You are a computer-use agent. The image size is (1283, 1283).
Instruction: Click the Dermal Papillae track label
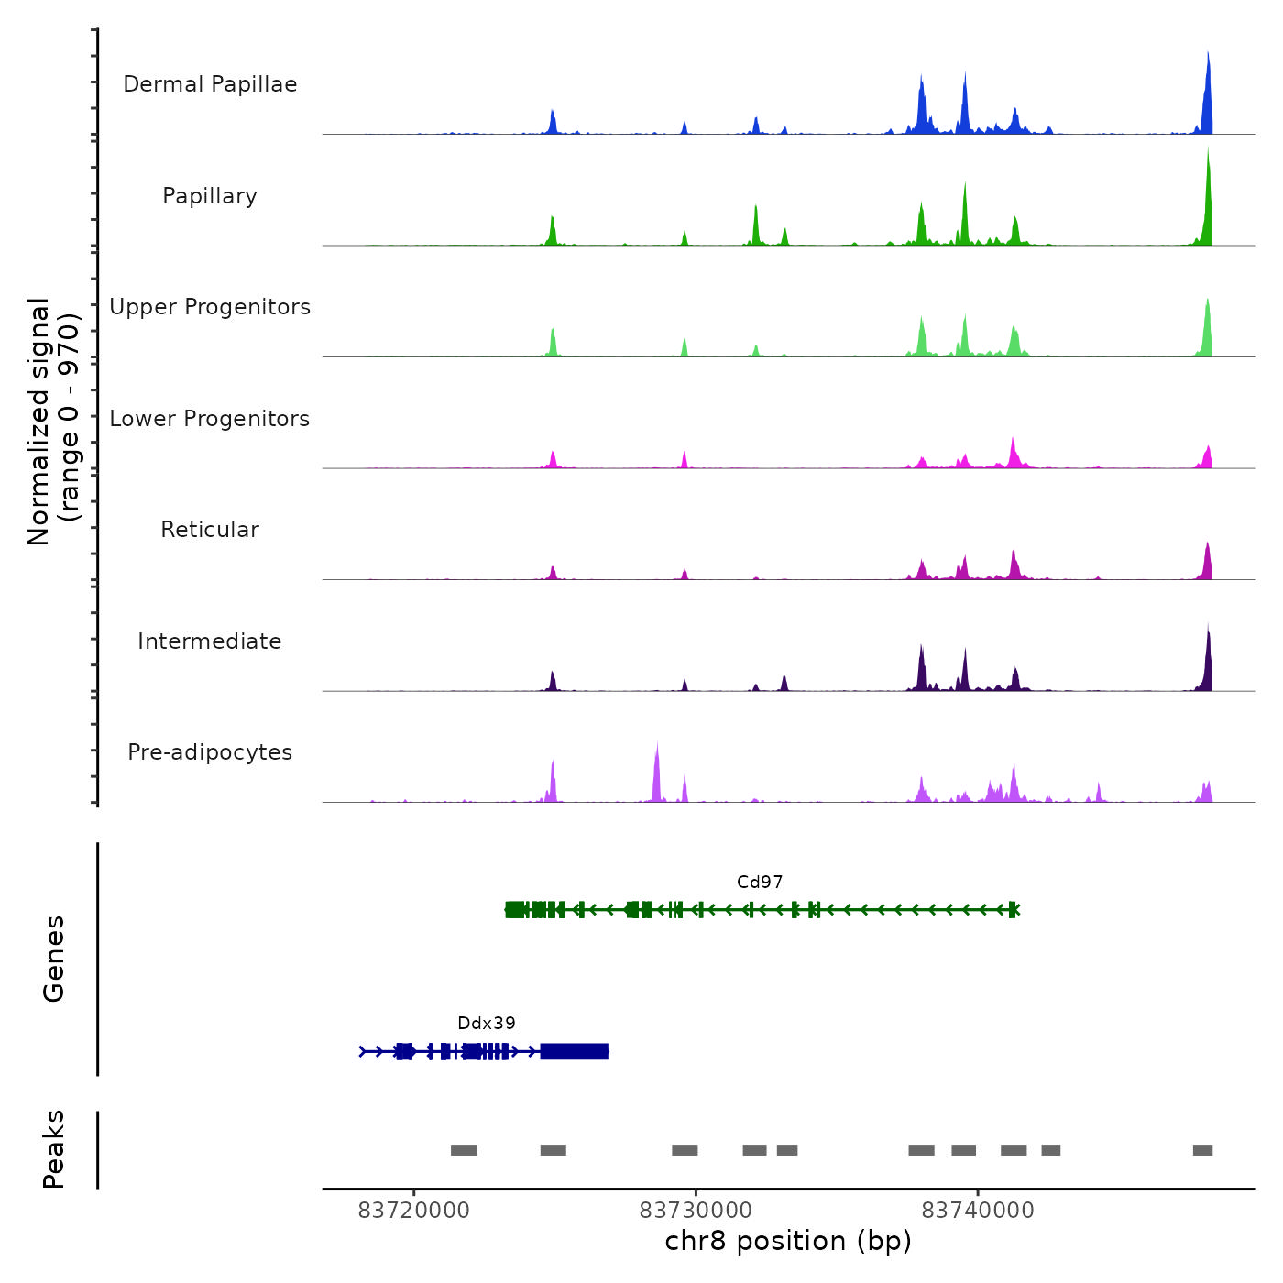click(210, 84)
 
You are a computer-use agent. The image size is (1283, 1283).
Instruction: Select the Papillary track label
click(210, 196)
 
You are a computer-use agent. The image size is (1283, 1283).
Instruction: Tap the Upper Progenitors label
click(210, 307)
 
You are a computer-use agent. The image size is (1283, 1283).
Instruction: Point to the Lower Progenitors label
click(210, 419)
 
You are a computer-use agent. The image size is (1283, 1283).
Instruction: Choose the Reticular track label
click(210, 530)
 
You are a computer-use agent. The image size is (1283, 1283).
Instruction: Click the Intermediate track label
click(210, 641)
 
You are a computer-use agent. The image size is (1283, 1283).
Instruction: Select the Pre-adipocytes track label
click(210, 752)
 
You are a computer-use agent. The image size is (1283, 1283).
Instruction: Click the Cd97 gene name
click(760, 883)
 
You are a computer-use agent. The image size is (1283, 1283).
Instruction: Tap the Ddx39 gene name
click(487, 1024)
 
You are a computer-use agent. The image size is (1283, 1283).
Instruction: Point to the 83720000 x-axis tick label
click(413, 1211)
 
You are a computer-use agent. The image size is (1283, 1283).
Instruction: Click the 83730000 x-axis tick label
click(696, 1211)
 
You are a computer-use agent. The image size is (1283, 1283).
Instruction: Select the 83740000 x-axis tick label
click(978, 1211)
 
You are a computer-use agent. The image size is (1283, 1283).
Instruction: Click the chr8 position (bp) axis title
click(788, 1242)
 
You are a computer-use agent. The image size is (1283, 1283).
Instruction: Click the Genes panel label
click(54, 959)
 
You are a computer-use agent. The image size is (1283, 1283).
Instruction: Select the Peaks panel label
click(54, 1149)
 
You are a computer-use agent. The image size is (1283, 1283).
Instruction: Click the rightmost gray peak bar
click(1202, 1150)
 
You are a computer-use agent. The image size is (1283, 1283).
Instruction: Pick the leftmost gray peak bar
click(464, 1150)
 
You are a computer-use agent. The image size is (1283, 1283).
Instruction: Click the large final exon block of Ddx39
click(575, 1051)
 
